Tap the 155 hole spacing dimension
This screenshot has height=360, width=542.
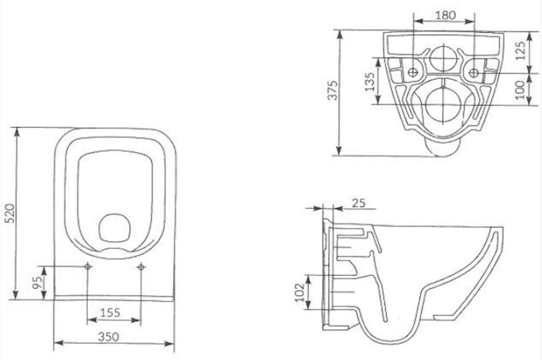tap(110, 312)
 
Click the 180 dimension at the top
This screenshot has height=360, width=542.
tap(445, 15)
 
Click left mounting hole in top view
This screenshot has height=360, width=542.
tap(88, 267)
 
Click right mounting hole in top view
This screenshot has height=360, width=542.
tap(141, 267)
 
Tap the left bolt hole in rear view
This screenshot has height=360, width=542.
tap(414, 72)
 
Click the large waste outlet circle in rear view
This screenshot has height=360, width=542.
tap(443, 103)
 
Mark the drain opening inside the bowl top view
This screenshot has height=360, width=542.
tap(114, 229)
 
